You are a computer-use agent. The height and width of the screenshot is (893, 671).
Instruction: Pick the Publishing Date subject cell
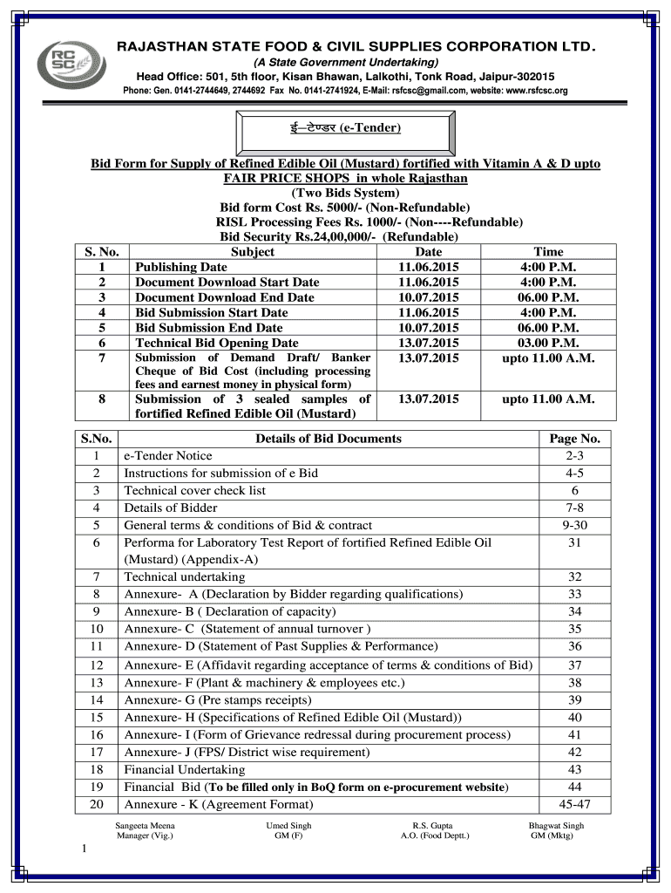tap(181, 268)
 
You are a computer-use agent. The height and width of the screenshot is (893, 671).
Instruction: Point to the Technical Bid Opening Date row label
tap(217, 343)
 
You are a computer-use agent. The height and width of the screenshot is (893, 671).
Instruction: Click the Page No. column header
tap(574, 439)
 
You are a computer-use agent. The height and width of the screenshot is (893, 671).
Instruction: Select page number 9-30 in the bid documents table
tap(574, 525)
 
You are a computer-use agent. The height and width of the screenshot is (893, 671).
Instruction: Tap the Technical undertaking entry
tap(185, 576)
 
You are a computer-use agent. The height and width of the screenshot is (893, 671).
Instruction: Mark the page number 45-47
tap(574, 804)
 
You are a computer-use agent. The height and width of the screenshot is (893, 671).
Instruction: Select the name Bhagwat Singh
tap(556, 825)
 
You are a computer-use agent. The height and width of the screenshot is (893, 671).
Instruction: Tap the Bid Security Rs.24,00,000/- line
tap(339, 236)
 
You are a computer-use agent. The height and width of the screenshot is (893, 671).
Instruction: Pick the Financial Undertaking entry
tap(185, 769)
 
